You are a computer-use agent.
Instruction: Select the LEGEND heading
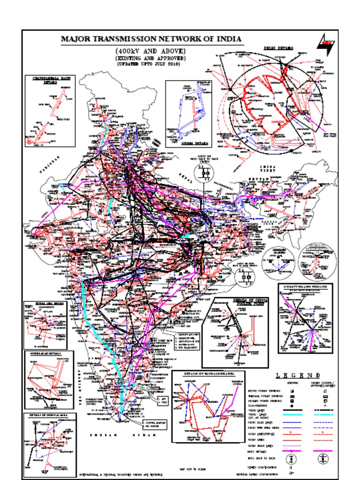[298, 375]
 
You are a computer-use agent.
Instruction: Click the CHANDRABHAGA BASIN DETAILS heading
[50, 80]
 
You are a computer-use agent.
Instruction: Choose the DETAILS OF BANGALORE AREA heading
[208, 374]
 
